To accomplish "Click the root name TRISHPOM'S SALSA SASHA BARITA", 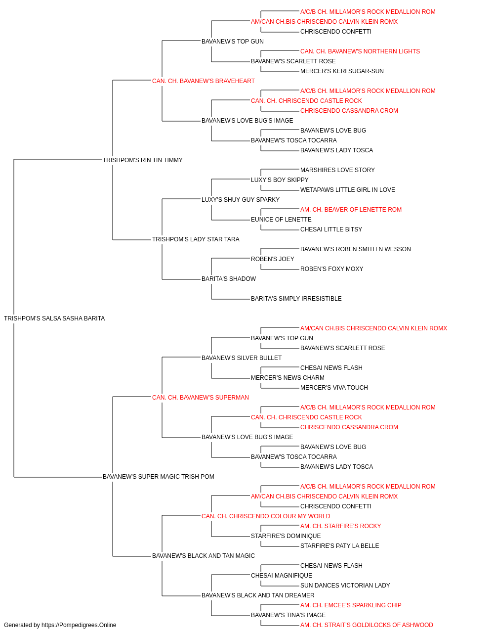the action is coord(54,318).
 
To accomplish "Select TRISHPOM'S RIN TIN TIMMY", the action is coord(143,160).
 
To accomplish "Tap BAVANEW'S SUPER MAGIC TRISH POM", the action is coord(158,477).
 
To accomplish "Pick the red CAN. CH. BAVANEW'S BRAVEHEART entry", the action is coord(204,81).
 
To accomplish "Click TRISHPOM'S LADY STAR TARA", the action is coord(196,239).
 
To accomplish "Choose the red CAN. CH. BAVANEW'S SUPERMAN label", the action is coord(201,397).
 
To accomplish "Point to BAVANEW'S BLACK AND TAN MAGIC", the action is coord(204,555).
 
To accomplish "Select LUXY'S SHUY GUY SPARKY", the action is coord(241,199).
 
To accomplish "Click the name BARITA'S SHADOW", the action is coord(229,279).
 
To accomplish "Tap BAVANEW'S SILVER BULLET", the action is coord(242,358).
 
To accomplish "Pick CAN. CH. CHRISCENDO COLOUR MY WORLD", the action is coord(266,516).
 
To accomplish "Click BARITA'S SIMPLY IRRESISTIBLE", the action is coord(296,299).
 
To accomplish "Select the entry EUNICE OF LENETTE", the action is coord(281,220).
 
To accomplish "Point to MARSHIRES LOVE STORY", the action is coord(337,170).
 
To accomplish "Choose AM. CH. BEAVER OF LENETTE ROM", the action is coord(351,210).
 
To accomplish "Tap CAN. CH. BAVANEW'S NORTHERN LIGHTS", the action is coord(360,51).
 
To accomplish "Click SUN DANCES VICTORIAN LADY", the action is coord(345,585).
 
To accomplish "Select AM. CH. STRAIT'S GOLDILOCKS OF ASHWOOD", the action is coord(367,625).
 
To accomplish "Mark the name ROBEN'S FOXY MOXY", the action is coord(331,269).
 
